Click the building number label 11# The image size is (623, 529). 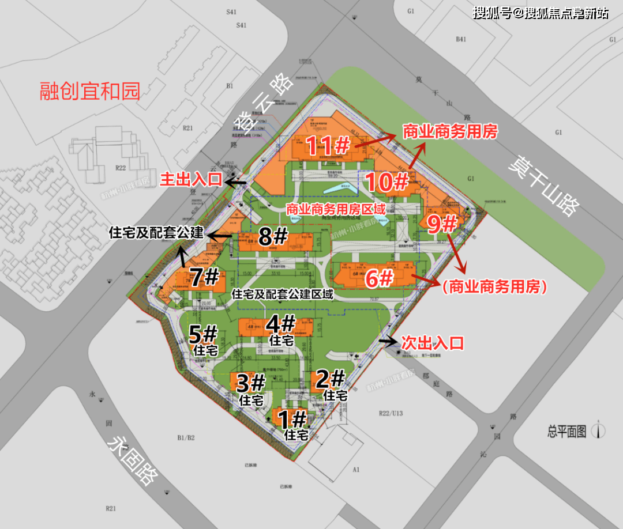pyautogui.click(x=328, y=145)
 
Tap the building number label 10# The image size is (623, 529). pyautogui.click(x=388, y=182)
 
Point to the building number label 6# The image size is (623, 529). pyautogui.click(x=379, y=279)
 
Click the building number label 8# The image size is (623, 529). pyautogui.click(x=273, y=236)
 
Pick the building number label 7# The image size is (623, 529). pyautogui.click(x=205, y=278)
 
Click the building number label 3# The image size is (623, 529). pyautogui.click(x=251, y=382)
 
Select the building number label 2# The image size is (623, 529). pyautogui.click(x=331, y=379)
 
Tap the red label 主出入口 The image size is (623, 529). pyautogui.click(x=191, y=180)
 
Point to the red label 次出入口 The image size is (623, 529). pyautogui.click(x=433, y=343)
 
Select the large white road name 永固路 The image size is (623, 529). pyautogui.click(x=132, y=459)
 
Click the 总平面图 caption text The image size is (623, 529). pyautogui.click(x=566, y=431)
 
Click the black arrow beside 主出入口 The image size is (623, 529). pyautogui.click(x=236, y=182)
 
